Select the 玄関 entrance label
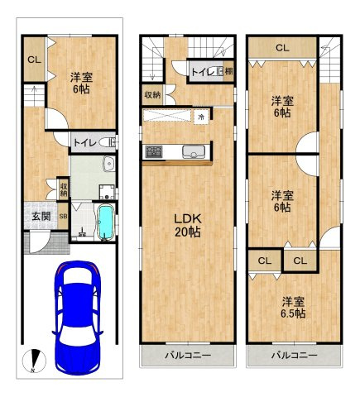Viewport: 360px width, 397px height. [41, 216]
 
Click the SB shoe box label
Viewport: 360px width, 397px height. [63, 217]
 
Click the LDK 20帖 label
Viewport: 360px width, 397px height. [188, 226]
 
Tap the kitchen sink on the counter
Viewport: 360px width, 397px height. [194, 152]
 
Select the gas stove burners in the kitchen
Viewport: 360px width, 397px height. [154, 151]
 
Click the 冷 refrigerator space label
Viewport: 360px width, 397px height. [201, 117]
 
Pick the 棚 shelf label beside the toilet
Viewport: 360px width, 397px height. [228, 72]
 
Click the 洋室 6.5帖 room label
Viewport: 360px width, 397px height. [293, 308]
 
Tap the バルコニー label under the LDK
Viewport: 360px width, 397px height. [188, 355]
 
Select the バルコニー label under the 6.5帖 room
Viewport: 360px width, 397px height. [295, 355]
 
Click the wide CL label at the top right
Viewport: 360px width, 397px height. [282, 48]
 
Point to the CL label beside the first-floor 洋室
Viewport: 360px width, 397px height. [34, 60]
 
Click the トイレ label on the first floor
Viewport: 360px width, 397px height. [84, 143]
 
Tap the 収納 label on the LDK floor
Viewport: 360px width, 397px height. [152, 95]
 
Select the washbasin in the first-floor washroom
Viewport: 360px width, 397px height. [109, 163]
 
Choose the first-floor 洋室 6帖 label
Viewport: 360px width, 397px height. [81, 83]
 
